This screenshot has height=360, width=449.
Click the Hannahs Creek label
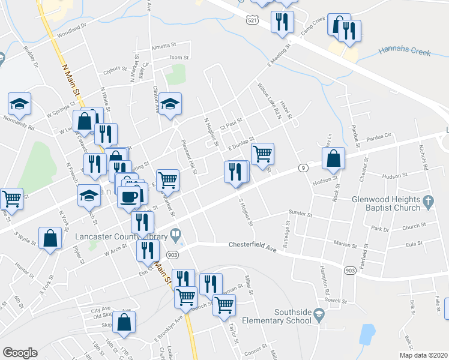click(x=405, y=52)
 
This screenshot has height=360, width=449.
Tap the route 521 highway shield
click(x=255, y=19)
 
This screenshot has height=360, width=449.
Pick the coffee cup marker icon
click(x=128, y=197)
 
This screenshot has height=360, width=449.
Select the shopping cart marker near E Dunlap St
click(x=262, y=153)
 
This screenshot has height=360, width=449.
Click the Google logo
click(x=20, y=353)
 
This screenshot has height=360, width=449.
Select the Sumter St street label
click(x=301, y=213)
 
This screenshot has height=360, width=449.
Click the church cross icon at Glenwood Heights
click(x=428, y=202)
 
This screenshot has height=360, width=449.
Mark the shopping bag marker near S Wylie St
click(x=50, y=238)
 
